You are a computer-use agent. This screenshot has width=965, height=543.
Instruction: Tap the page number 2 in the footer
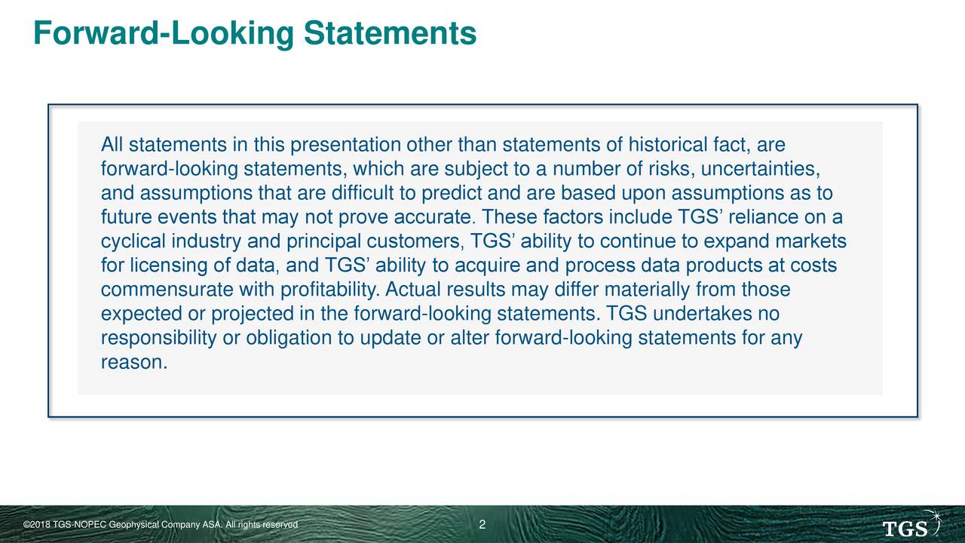pyautogui.click(x=482, y=524)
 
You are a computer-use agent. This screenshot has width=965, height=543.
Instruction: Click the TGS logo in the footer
pyautogui.click(x=912, y=523)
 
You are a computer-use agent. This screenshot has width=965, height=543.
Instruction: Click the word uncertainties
pyautogui.click(x=761, y=169)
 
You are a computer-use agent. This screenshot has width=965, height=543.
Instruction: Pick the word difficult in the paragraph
pyautogui.click(x=363, y=192)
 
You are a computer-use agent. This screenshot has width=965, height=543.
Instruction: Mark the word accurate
pyautogui.click(x=434, y=217)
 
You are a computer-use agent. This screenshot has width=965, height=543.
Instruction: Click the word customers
pyautogui.click(x=415, y=242)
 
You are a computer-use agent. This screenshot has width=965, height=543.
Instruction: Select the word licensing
pyautogui.click(x=169, y=266)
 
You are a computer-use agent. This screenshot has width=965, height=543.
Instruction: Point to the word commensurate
pyautogui.click(x=167, y=290)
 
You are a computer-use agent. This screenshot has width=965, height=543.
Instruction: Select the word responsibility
pyautogui.click(x=158, y=339)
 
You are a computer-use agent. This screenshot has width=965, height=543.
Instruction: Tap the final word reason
pyautogui.click(x=133, y=363)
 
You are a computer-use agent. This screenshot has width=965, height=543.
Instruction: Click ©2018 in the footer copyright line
pyautogui.click(x=37, y=525)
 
